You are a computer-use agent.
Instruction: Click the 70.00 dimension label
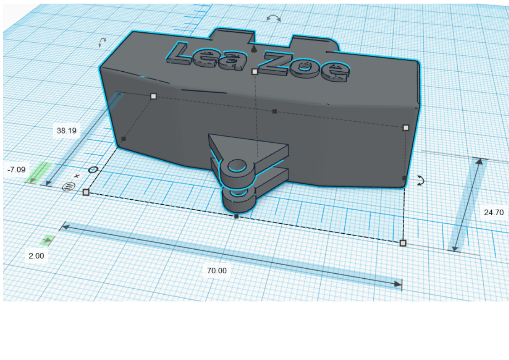tap(216, 271)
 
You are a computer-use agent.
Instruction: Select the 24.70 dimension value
tap(494, 212)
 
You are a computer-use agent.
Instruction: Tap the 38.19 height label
tap(66, 131)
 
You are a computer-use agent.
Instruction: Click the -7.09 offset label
tap(17, 169)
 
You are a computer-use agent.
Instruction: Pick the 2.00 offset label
tap(36, 256)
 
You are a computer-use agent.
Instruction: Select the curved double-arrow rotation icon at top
tap(274, 18)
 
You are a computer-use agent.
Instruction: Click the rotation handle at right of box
tap(421, 180)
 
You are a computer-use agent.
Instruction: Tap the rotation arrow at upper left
tap(103, 43)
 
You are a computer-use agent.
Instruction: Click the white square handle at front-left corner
tap(86, 192)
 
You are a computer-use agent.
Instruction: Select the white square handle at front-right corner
tap(403, 243)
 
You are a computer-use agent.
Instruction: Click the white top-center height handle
tap(254, 71)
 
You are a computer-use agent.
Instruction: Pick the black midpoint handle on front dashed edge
tap(236, 217)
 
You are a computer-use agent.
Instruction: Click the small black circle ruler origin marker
tap(93, 170)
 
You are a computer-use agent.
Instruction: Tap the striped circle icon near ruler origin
tap(68, 186)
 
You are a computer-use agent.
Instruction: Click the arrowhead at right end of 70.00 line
tap(398, 284)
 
